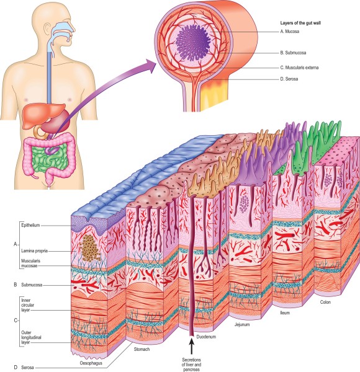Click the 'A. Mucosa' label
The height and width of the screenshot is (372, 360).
(289, 32)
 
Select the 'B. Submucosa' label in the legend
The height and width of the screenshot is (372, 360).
(293, 53)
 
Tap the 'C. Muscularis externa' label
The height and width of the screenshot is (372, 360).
(299, 68)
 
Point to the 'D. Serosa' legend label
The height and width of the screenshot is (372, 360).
(289, 79)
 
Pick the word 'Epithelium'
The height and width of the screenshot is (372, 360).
(30, 225)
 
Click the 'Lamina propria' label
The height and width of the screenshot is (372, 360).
(34, 250)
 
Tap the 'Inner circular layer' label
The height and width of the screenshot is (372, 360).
(27, 305)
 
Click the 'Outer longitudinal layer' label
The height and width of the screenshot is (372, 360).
(31, 337)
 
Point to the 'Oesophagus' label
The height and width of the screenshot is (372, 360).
(91, 363)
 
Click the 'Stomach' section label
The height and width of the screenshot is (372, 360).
(142, 349)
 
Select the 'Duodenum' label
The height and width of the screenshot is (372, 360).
(206, 337)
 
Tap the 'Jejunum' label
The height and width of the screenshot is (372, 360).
(242, 324)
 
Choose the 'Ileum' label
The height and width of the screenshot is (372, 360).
(285, 312)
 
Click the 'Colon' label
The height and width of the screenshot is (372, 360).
(325, 303)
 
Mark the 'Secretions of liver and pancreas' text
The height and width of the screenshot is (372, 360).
(191, 365)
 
